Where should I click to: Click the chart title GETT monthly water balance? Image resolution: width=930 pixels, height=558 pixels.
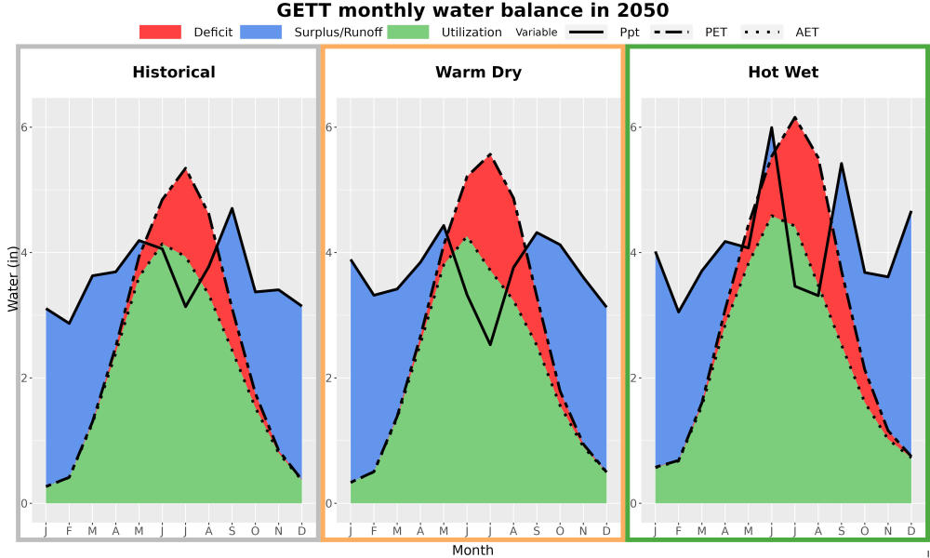pyautogui.click(x=472, y=10)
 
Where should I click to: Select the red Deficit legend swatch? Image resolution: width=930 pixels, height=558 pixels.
pyautogui.click(x=160, y=32)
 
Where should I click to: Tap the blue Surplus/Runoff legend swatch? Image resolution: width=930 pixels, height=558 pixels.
pyautogui.click(x=261, y=32)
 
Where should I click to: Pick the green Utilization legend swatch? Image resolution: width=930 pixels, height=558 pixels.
pyautogui.click(x=408, y=32)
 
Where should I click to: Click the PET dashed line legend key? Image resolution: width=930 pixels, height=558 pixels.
pyautogui.click(x=671, y=32)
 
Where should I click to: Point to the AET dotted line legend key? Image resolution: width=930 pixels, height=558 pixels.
pyautogui.click(x=763, y=32)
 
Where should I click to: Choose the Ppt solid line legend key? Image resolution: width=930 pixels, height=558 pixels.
pyautogui.click(x=586, y=32)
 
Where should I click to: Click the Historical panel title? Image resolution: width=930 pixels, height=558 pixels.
pyautogui.click(x=174, y=73)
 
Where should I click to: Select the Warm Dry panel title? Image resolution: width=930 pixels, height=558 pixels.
pyautogui.click(x=478, y=73)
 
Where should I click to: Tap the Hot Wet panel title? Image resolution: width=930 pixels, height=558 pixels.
pyautogui.click(x=783, y=73)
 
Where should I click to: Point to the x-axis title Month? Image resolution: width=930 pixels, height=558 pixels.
pyautogui.click(x=472, y=551)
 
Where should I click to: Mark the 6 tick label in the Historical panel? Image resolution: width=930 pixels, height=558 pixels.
pyautogui.click(x=25, y=127)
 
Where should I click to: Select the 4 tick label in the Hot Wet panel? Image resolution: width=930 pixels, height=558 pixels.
pyautogui.click(x=634, y=253)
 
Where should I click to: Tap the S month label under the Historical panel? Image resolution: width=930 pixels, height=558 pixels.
pyautogui.click(x=232, y=531)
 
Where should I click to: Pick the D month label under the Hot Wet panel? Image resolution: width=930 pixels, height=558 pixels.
pyautogui.click(x=911, y=531)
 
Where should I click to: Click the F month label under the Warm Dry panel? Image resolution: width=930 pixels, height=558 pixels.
pyautogui.click(x=374, y=531)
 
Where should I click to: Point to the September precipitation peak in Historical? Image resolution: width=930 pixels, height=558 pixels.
pyautogui.click(x=232, y=208)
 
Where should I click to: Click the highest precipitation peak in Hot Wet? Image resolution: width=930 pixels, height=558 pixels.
pyautogui.click(x=772, y=127)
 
